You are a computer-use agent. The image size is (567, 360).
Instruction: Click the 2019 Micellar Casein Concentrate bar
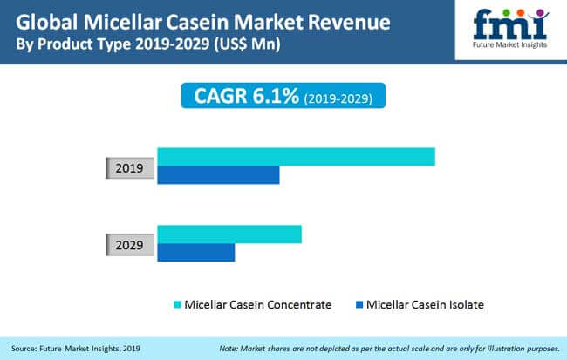297,157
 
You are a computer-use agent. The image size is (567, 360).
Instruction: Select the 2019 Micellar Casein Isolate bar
218,175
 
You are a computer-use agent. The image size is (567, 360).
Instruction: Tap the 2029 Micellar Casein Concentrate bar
229,234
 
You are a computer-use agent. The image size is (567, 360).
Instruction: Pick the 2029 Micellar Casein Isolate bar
196,252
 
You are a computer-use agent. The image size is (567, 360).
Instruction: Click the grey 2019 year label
129,168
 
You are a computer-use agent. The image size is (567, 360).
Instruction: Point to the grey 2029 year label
129,245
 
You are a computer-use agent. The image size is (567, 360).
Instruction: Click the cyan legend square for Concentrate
178,304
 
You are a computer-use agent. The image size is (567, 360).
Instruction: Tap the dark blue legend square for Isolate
359,304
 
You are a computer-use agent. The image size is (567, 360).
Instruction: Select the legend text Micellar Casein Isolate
425,305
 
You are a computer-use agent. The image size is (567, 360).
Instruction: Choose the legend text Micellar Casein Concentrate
258,305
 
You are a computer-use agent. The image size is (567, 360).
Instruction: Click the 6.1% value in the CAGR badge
276,96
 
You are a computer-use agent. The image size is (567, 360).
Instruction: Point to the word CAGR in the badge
221,96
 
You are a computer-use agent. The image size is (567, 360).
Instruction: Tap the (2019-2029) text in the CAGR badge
338,98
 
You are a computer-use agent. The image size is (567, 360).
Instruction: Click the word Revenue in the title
349,22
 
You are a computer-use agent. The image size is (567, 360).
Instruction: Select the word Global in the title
46,22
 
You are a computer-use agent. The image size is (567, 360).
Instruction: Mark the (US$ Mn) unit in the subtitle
247,44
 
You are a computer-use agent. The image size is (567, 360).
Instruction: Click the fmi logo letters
510,24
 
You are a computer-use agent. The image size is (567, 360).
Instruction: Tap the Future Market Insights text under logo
510,44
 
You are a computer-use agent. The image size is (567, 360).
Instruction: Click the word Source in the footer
24,349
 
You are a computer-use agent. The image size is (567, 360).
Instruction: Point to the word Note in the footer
229,349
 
